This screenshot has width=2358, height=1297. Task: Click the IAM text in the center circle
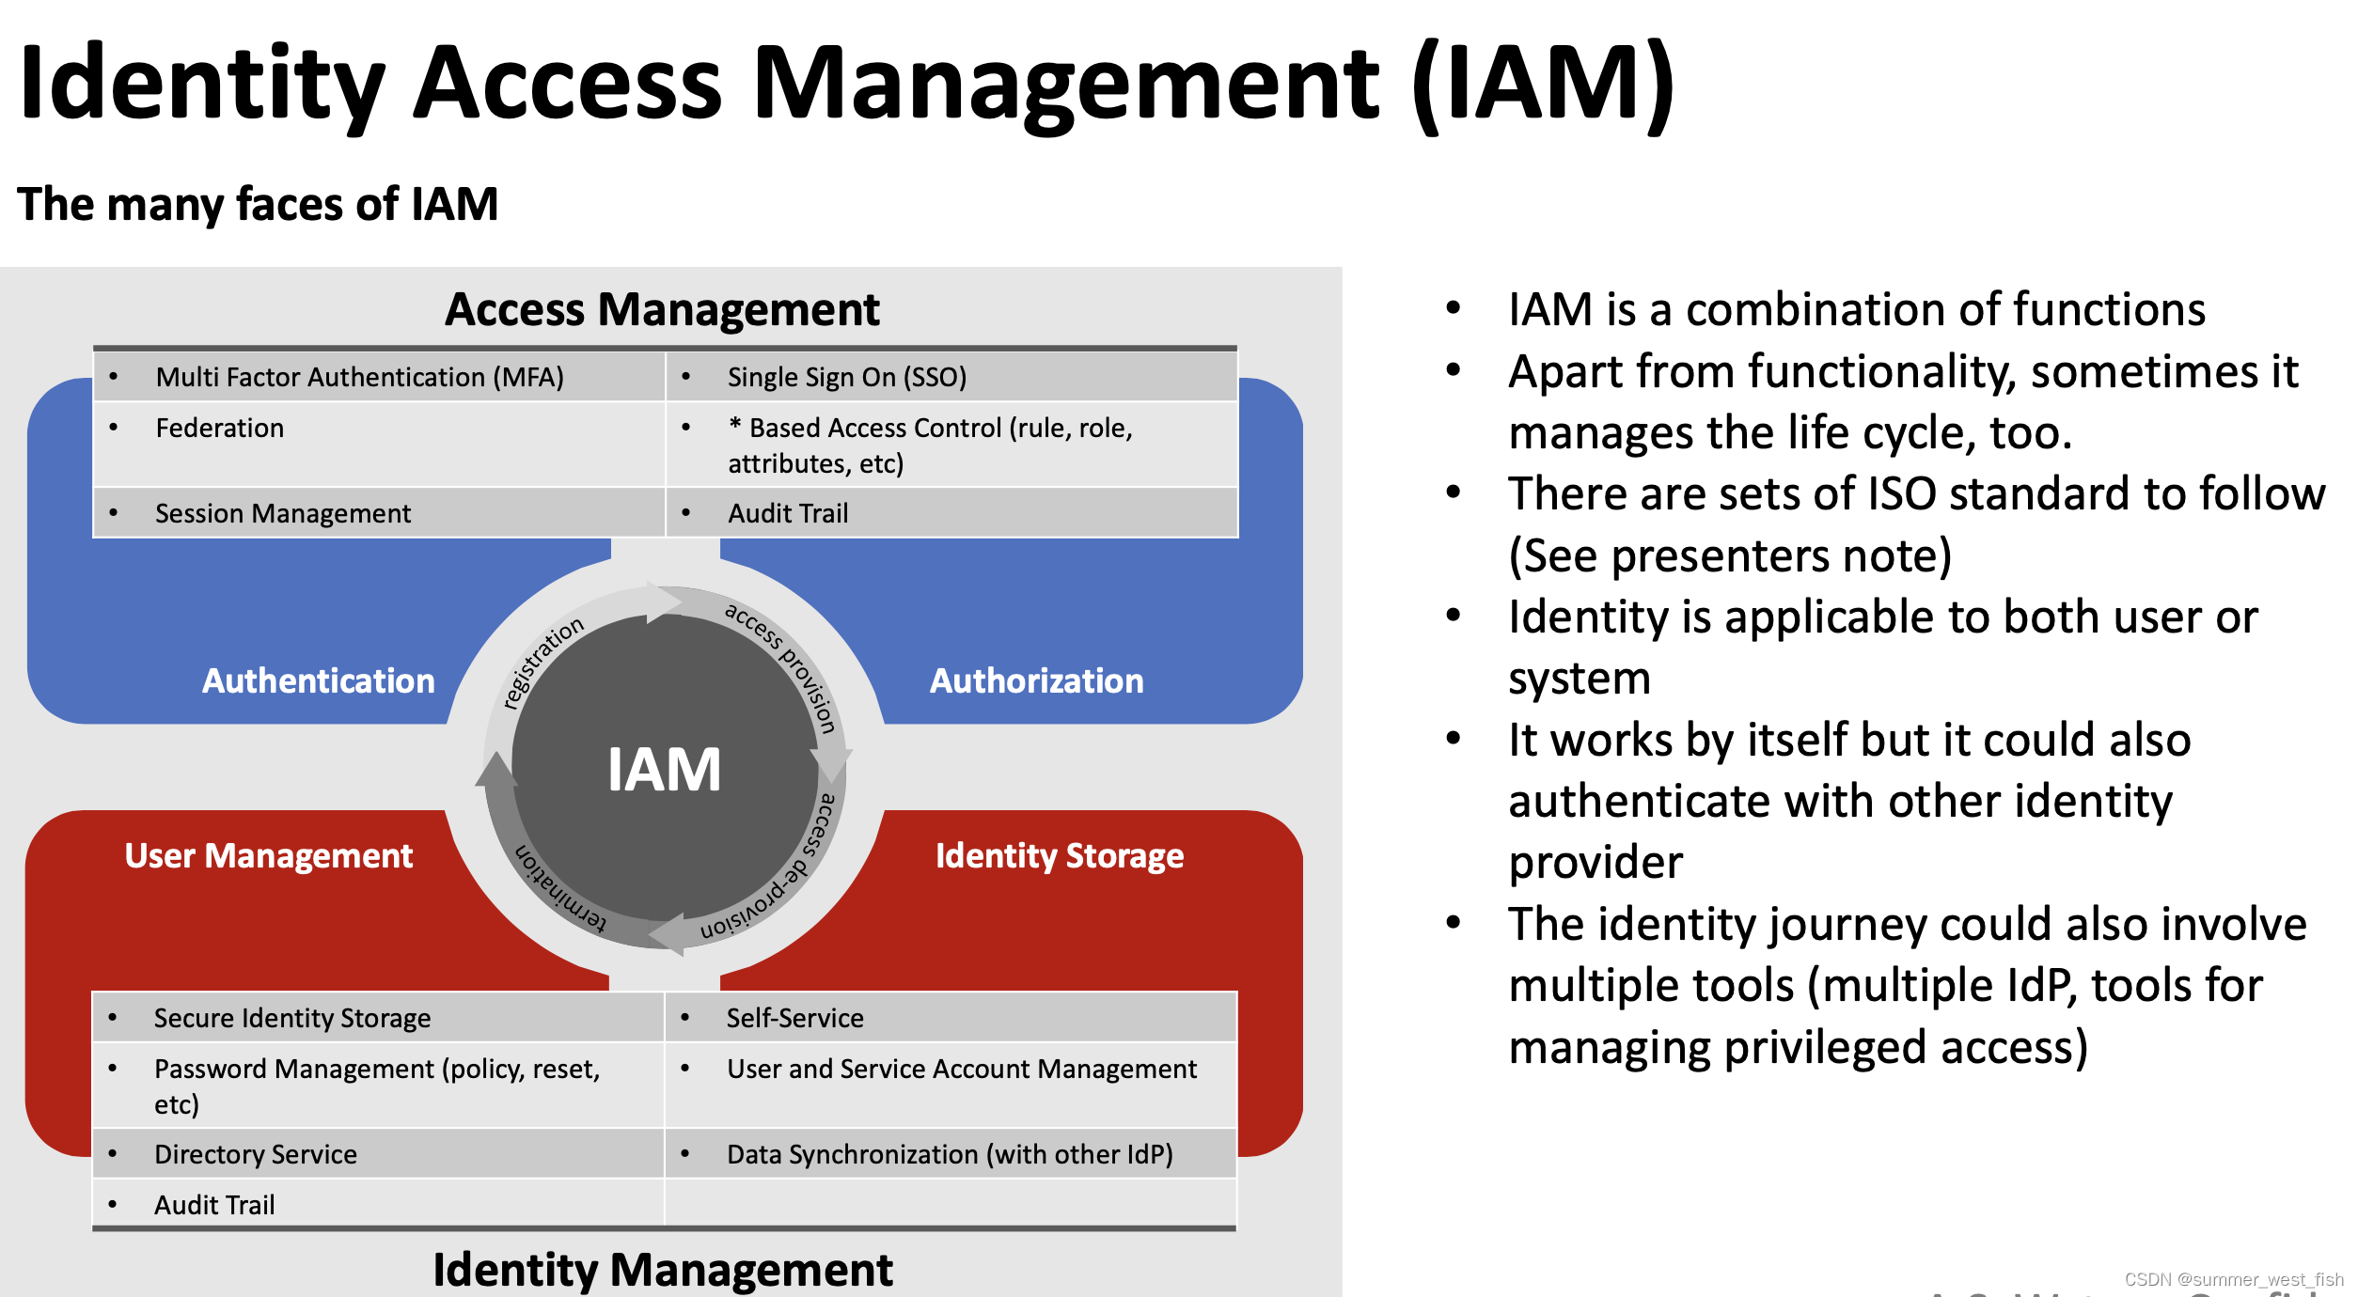click(664, 770)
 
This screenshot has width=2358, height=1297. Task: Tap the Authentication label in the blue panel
click(319, 680)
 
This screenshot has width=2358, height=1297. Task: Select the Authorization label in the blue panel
click(1036, 680)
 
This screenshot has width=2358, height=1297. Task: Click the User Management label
click(269, 855)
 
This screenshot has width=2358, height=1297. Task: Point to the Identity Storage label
click(1060, 855)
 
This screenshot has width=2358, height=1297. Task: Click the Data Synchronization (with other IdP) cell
click(950, 1154)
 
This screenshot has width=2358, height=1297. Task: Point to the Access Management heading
click(663, 309)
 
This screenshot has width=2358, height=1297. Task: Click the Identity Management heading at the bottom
click(663, 1270)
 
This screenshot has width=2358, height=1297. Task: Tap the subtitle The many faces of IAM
click(258, 204)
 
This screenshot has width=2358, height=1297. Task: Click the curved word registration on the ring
click(542, 662)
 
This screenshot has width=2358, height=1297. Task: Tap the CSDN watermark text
click(2234, 1279)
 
